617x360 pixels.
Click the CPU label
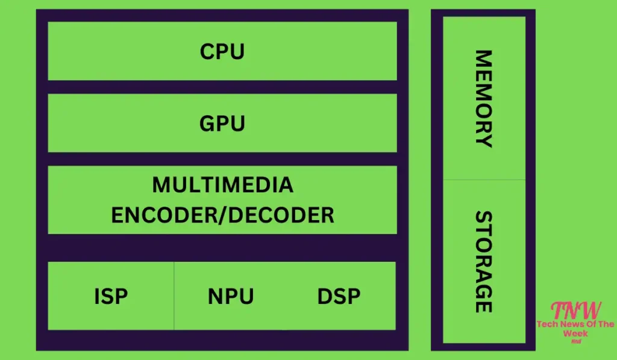pyautogui.click(x=222, y=52)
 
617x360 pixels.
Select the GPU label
pyautogui.click(x=222, y=124)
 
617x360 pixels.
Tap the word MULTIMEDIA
pyautogui.click(x=222, y=185)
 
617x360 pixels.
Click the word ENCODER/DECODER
pyautogui.click(x=222, y=215)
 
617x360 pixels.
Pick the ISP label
pyautogui.click(x=111, y=297)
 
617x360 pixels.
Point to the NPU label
pyautogui.click(x=231, y=297)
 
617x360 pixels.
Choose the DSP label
pyautogui.click(x=339, y=297)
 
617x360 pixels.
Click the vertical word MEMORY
pyautogui.click(x=484, y=98)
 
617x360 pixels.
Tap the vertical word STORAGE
pyautogui.click(x=484, y=261)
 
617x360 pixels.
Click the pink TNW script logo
pyautogui.click(x=576, y=311)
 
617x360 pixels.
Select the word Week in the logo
pyautogui.click(x=576, y=333)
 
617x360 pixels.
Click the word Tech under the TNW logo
pyautogui.click(x=547, y=324)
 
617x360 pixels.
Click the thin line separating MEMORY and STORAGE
pyautogui.click(x=484, y=179)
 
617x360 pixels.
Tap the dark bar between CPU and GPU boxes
pyautogui.click(x=222, y=87)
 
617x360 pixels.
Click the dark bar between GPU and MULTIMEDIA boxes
pyautogui.click(x=222, y=159)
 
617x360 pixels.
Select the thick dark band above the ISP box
pyautogui.click(x=222, y=248)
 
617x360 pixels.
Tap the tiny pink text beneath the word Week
pyautogui.click(x=577, y=341)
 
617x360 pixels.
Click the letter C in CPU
pyautogui.click(x=207, y=52)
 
